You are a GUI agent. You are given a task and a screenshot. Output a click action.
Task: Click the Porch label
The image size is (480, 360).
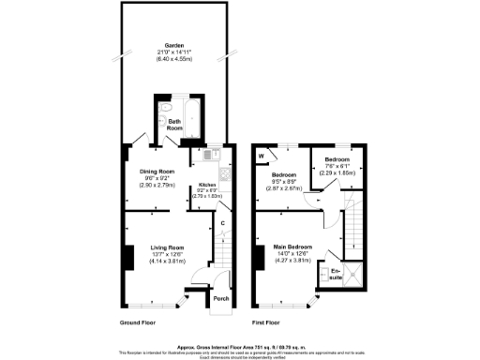click(x=221, y=299)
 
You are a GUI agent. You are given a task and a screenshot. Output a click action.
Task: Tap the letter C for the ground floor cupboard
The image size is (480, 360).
click(x=222, y=223)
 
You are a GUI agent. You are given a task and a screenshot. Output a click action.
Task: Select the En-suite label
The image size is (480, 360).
click(x=336, y=274)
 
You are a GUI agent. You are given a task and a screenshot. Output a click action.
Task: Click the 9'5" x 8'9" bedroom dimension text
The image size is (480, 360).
click(x=285, y=182)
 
